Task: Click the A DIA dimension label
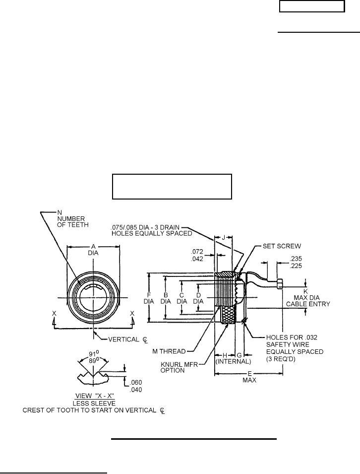click(x=93, y=249)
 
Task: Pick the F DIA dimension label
click(x=149, y=297)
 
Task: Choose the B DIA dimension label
click(x=166, y=297)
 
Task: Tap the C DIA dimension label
click(x=182, y=297)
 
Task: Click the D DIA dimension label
click(x=198, y=297)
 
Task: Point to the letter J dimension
click(x=224, y=238)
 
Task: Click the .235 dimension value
click(x=296, y=258)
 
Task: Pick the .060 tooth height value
click(x=135, y=383)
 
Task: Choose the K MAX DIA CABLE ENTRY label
click(x=311, y=297)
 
